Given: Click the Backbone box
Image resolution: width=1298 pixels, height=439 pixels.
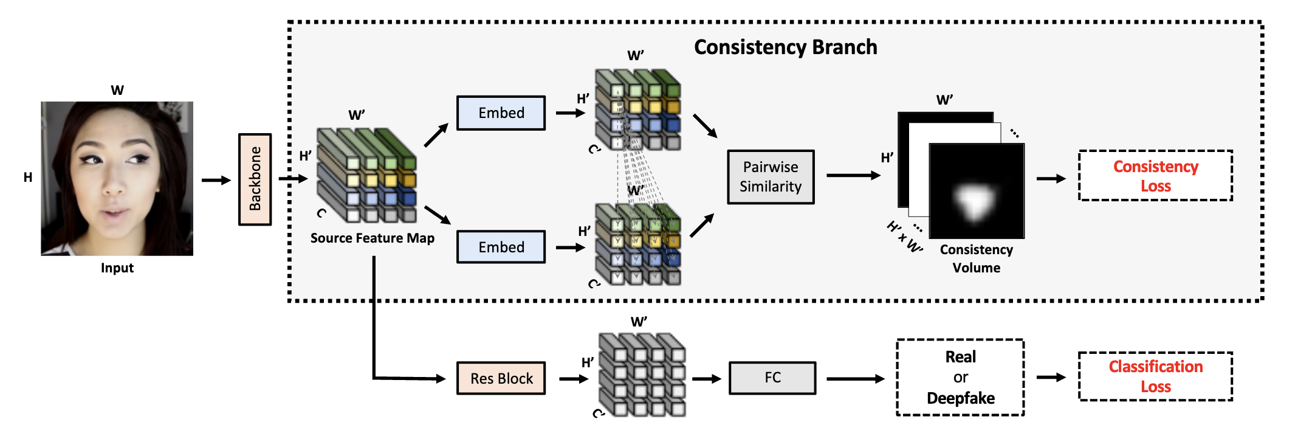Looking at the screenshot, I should pyautogui.click(x=255, y=179).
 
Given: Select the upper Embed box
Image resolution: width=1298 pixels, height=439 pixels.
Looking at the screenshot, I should pyautogui.click(x=501, y=113).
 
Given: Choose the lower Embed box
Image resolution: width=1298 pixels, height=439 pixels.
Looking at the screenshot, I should pyautogui.click(x=501, y=247).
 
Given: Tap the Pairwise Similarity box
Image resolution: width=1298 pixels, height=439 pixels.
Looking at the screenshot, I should pyautogui.click(x=771, y=177).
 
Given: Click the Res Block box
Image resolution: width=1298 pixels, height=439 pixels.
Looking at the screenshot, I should pyautogui.click(x=501, y=378).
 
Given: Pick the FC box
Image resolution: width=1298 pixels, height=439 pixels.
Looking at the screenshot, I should pyautogui.click(x=772, y=378).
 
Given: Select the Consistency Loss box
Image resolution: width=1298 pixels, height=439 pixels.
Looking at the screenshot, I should pyautogui.click(x=1155, y=176).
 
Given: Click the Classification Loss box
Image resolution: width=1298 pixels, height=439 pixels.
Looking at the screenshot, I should pyautogui.click(x=1155, y=376).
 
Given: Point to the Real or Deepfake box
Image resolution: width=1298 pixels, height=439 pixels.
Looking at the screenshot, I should pyautogui.click(x=960, y=378).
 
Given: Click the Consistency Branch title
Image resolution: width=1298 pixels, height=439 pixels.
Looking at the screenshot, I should pyautogui.click(x=785, y=47).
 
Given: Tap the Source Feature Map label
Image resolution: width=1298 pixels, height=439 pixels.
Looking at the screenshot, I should pyautogui.click(x=372, y=238).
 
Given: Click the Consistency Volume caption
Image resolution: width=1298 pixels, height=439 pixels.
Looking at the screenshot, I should pyautogui.click(x=976, y=258).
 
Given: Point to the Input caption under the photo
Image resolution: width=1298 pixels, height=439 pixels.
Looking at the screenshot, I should pyautogui.click(x=117, y=268).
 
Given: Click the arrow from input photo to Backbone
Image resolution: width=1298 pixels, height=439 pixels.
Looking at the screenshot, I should pyautogui.click(x=216, y=180).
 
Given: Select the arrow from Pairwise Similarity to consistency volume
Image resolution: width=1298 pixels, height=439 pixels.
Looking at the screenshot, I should pyautogui.click(x=853, y=176).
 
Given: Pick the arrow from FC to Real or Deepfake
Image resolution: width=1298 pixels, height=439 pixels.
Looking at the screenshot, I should pyautogui.click(x=855, y=379).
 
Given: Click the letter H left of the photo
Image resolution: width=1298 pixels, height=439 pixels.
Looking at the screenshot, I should pyautogui.click(x=28, y=178).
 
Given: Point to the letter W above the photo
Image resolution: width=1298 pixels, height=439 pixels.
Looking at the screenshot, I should pyautogui.click(x=117, y=91).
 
